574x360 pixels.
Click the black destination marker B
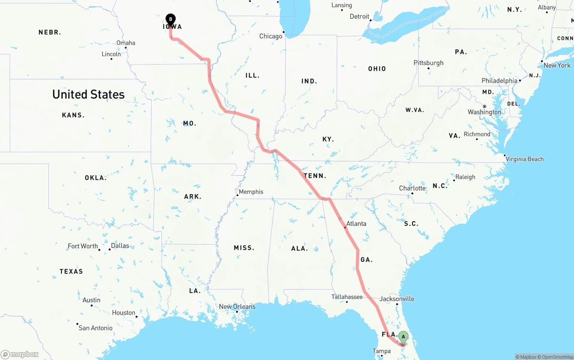click(x=170, y=19)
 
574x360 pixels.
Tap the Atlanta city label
click(x=356, y=224)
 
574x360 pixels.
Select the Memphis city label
click(x=251, y=192)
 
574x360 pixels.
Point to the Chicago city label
click(x=271, y=36)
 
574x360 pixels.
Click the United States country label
click(x=88, y=95)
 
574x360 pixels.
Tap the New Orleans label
click(x=237, y=307)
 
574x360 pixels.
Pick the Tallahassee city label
click(x=347, y=297)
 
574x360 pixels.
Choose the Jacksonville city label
click(x=397, y=299)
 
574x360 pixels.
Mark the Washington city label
click(x=484, y=112)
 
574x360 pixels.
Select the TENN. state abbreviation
click(x=315, y=176)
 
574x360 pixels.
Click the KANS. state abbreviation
click(x=73, y=115)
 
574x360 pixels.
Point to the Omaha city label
click(x=126, y=43)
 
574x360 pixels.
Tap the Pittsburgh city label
click(x=428, y=63)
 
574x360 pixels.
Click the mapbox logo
click(x=20, y=354)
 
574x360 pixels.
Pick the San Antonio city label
click(x=96, y=328)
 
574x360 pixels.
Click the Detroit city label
click(x=359, y=17)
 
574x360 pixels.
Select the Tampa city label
click(x=382, y=351)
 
